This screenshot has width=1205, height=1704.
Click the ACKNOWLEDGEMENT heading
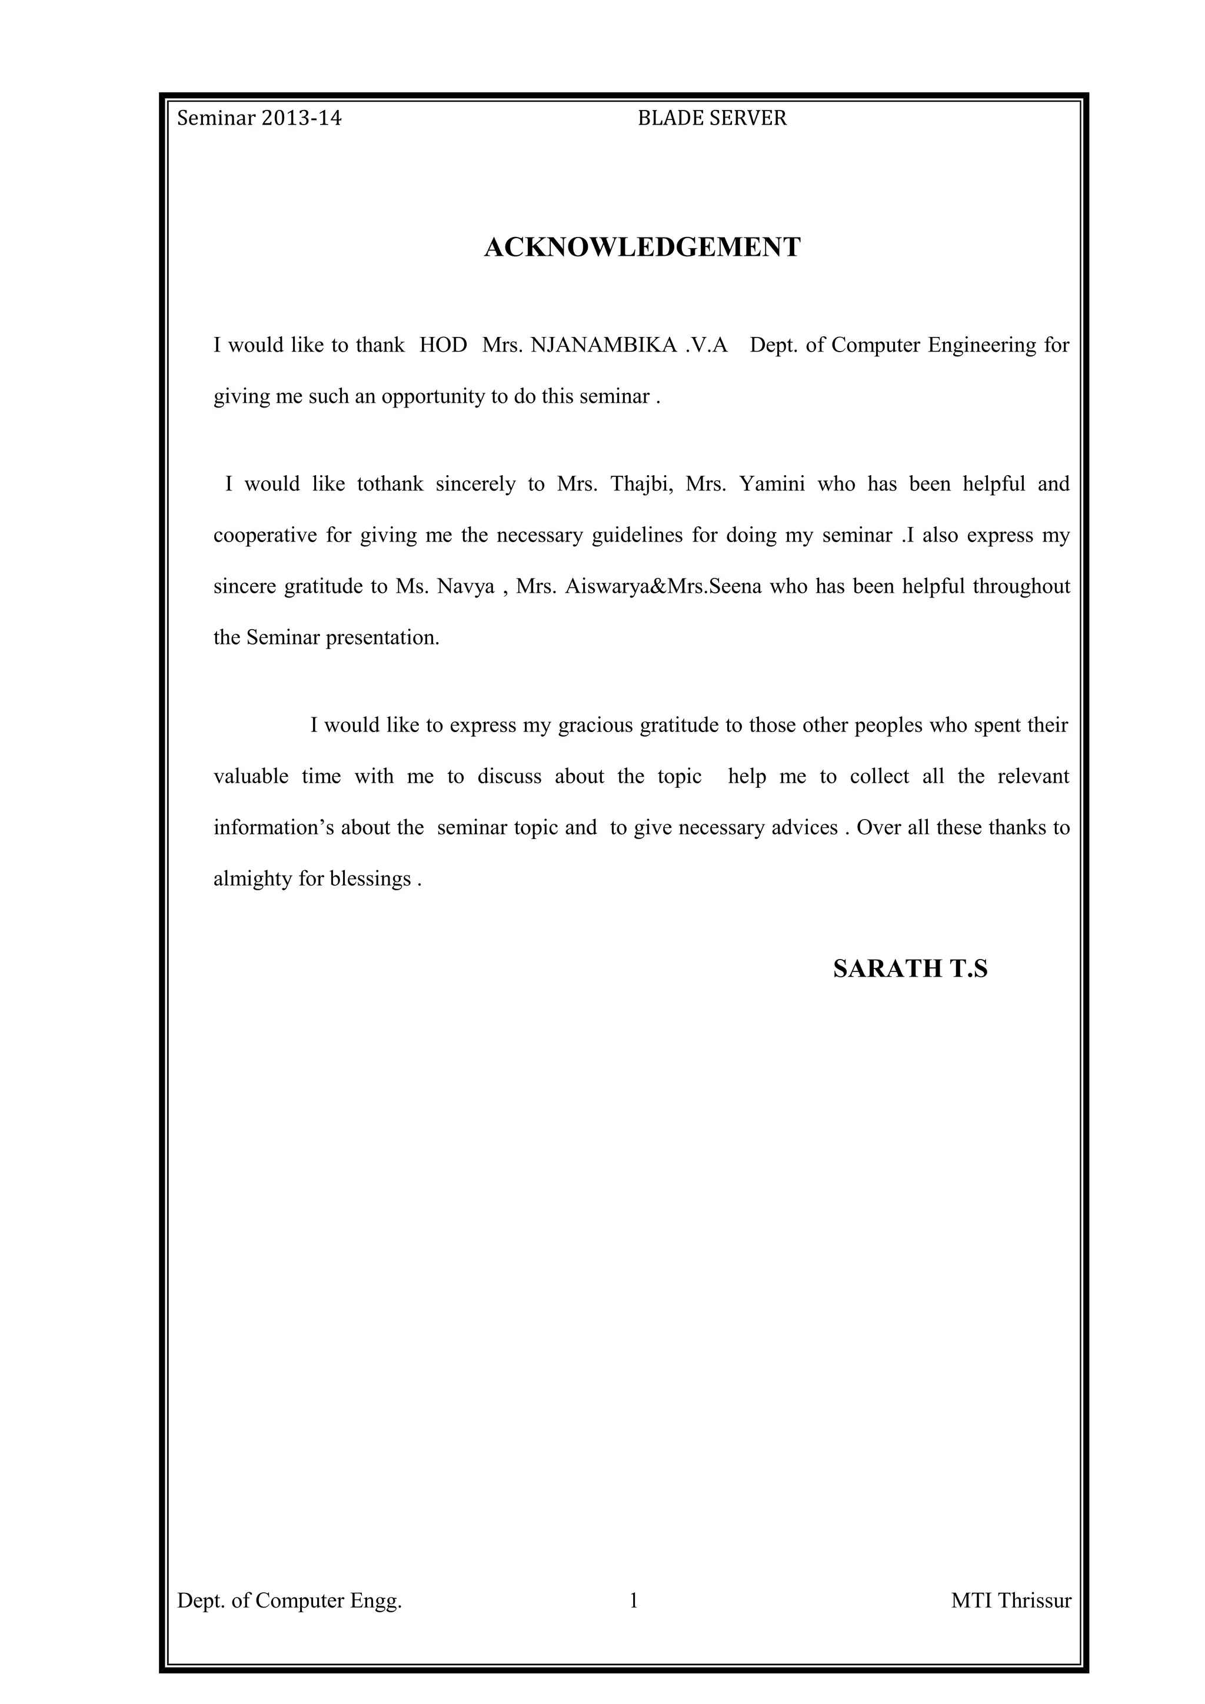click(x=643, y=247)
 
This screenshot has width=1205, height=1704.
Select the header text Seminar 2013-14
click(x=259, y=119)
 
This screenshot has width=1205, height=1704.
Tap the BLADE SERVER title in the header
click(x=712, y=119)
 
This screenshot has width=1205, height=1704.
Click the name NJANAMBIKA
click(x=604, y=345)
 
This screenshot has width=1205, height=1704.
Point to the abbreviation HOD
click(x=443, y=345)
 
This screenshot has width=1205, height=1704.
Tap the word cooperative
click(x=265, y=535)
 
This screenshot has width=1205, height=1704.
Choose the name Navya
click(x=465, y=586)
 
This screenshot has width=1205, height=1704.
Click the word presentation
click(x=382, y=637)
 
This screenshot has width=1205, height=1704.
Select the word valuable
click(x=251, y=776)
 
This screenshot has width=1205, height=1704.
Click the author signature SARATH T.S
click(x=910, y=968)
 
